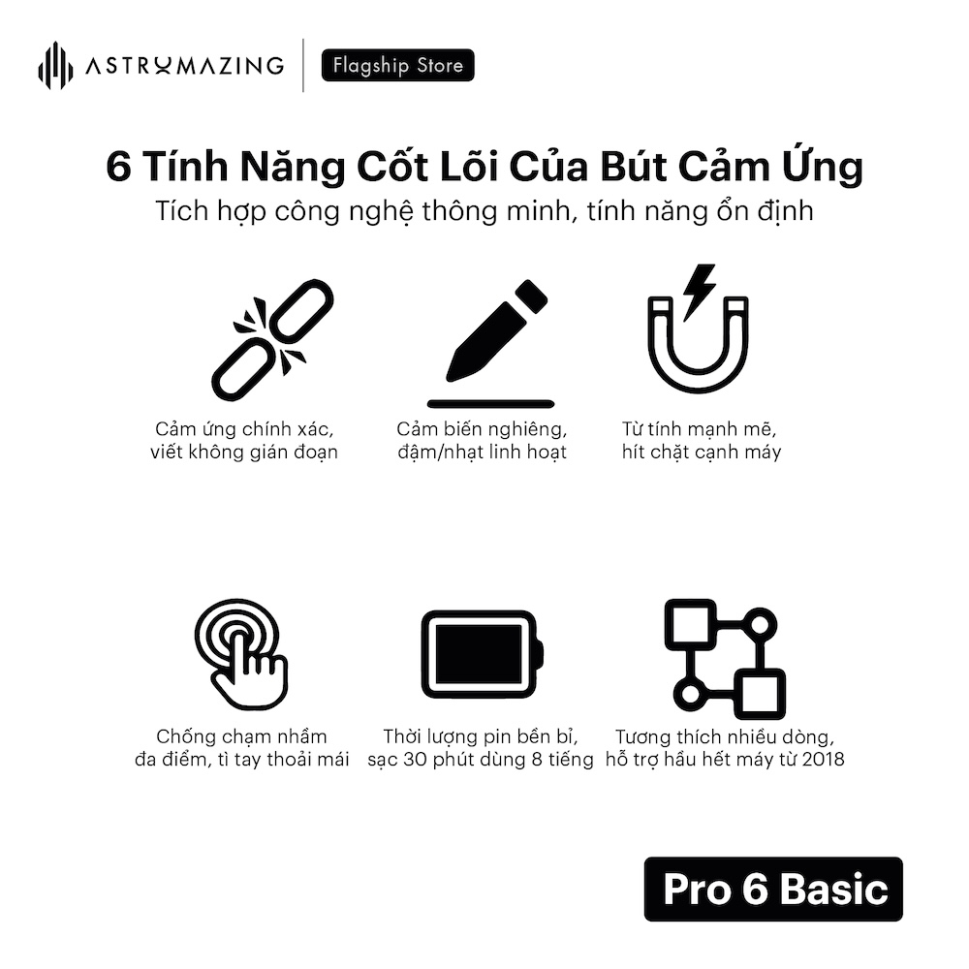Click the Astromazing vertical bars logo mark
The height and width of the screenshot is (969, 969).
tap(55, 66)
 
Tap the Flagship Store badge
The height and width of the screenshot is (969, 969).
tap(398, 65)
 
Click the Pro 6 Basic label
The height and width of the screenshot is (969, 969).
tap(773, 890)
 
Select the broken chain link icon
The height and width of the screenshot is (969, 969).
tap(272, 339)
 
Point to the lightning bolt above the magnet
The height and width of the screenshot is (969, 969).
tap(700, 292)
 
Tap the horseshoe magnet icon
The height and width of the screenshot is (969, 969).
tap(699, 345)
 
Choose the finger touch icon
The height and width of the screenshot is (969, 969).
tap(241, 654)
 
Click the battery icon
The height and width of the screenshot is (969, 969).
tap(482, 654)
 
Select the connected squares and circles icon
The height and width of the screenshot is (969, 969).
tap(725, 659)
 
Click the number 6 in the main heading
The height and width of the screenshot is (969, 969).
tap(118, 167)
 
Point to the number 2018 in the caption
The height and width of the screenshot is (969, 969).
tap(823, 759)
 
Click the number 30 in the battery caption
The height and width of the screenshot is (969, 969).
tap(415, 759)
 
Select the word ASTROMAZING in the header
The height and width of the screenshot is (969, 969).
tap(185, 66)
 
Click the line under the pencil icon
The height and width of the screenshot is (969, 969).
tap(490, 404)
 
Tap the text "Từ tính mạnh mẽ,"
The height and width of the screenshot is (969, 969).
tap(699, 429)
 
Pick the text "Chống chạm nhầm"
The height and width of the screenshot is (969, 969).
tap(241, 736)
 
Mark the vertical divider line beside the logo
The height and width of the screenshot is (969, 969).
tap(302, 66)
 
